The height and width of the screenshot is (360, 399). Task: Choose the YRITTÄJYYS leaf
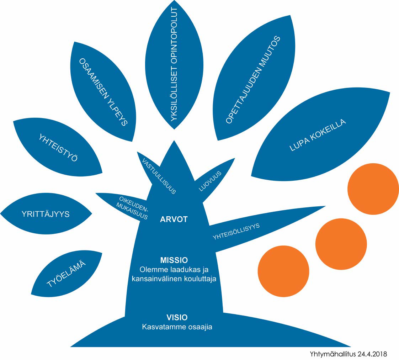pos(45,214)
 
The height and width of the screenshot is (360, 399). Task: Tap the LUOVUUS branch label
pos(210,181)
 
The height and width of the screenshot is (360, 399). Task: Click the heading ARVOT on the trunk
pos(174,219)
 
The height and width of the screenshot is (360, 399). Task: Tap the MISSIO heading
pos(174,259)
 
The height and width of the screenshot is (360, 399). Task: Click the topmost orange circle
pos(373,189)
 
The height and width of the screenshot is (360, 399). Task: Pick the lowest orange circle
pos(283,271)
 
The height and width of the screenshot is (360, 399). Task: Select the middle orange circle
pos(341,243)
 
